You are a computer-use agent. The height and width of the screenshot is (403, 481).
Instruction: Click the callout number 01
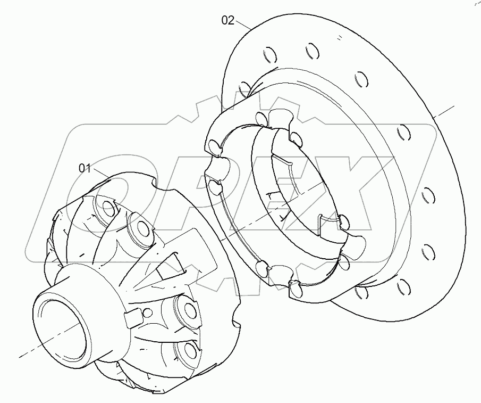(x=85, y=168)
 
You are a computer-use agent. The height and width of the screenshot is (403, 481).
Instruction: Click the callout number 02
(x=227, y=20)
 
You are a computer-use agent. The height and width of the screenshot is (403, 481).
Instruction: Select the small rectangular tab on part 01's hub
(x=131, y=318)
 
